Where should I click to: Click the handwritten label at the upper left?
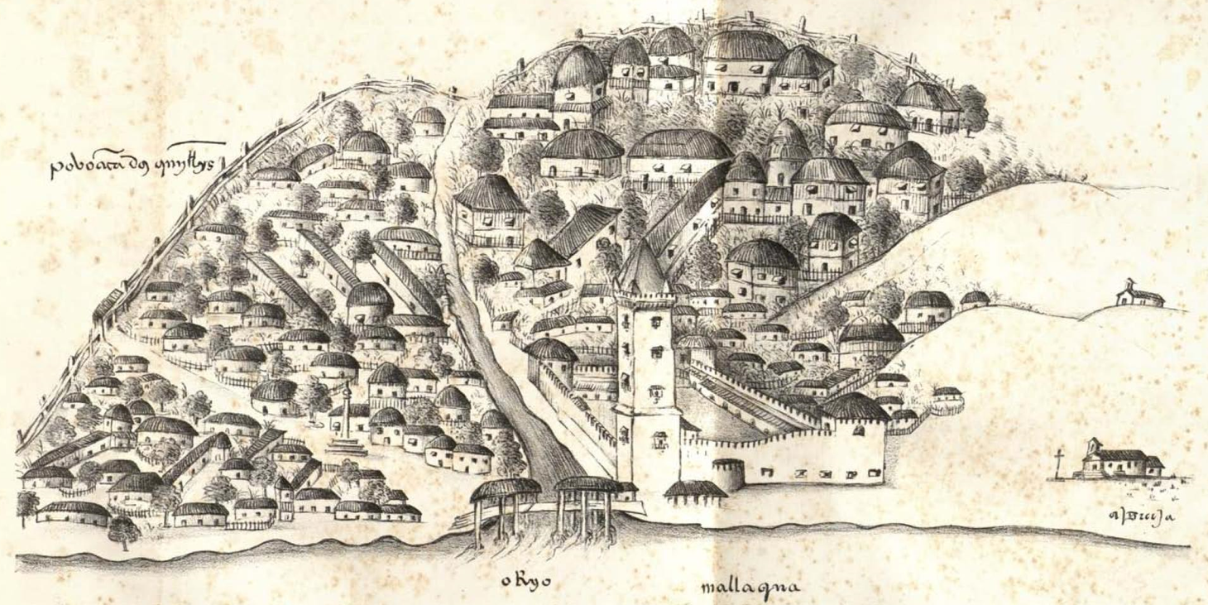[132, 163]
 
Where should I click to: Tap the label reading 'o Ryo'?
[525, 581]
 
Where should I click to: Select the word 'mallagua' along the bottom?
[750, 588]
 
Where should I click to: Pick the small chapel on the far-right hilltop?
[1139, 293]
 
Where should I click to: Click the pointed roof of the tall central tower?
[641, 266]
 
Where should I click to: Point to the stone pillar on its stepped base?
[347, 410]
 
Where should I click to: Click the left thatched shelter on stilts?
[505, 505]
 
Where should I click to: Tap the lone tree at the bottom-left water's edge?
[123, 531]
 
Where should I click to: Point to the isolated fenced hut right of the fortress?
[947, 397]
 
